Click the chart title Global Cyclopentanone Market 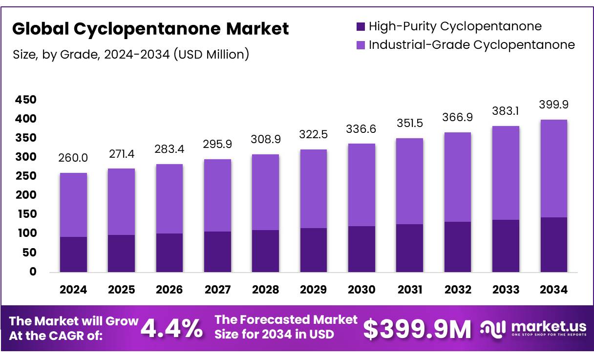tap(150, 29)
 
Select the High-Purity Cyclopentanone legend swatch tap(361, 26)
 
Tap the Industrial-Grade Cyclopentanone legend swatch tap(361, 45)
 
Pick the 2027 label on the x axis tap(217, 290)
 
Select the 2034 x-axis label tap(554, 290)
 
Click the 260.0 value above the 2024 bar tap(73, 159)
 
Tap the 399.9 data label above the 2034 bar tap(554, 105)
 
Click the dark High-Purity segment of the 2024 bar tap(73, 254)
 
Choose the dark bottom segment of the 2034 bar tap(554, 245)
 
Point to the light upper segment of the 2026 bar tap(170, 199)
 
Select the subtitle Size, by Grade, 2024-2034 tap(131, 54)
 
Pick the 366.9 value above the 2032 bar tap(458, 118)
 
